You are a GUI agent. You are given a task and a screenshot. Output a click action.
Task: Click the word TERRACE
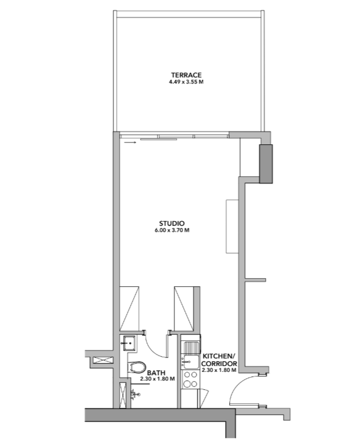186,75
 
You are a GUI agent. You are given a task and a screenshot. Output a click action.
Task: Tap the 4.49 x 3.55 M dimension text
186,82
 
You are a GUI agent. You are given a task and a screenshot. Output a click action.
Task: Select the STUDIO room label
172,223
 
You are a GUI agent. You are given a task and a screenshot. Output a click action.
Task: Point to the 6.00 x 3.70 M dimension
172,230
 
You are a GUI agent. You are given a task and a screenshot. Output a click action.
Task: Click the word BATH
156,373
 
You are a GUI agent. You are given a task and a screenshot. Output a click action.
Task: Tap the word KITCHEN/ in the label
219,356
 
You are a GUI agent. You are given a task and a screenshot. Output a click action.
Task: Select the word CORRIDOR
219,364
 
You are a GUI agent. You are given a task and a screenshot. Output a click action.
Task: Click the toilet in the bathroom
136,368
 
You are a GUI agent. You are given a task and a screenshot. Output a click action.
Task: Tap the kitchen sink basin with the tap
191,362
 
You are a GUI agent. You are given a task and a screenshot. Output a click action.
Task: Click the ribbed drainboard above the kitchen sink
191,348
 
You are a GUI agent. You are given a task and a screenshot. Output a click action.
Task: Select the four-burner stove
190,379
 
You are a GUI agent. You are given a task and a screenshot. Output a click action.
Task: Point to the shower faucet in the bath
136,394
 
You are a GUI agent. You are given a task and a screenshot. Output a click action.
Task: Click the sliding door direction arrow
131,141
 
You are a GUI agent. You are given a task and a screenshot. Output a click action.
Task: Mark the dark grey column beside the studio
266,163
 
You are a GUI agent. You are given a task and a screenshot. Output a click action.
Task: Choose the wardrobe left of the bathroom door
129,308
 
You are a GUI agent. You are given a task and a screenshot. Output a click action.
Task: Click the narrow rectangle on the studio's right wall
232,226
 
